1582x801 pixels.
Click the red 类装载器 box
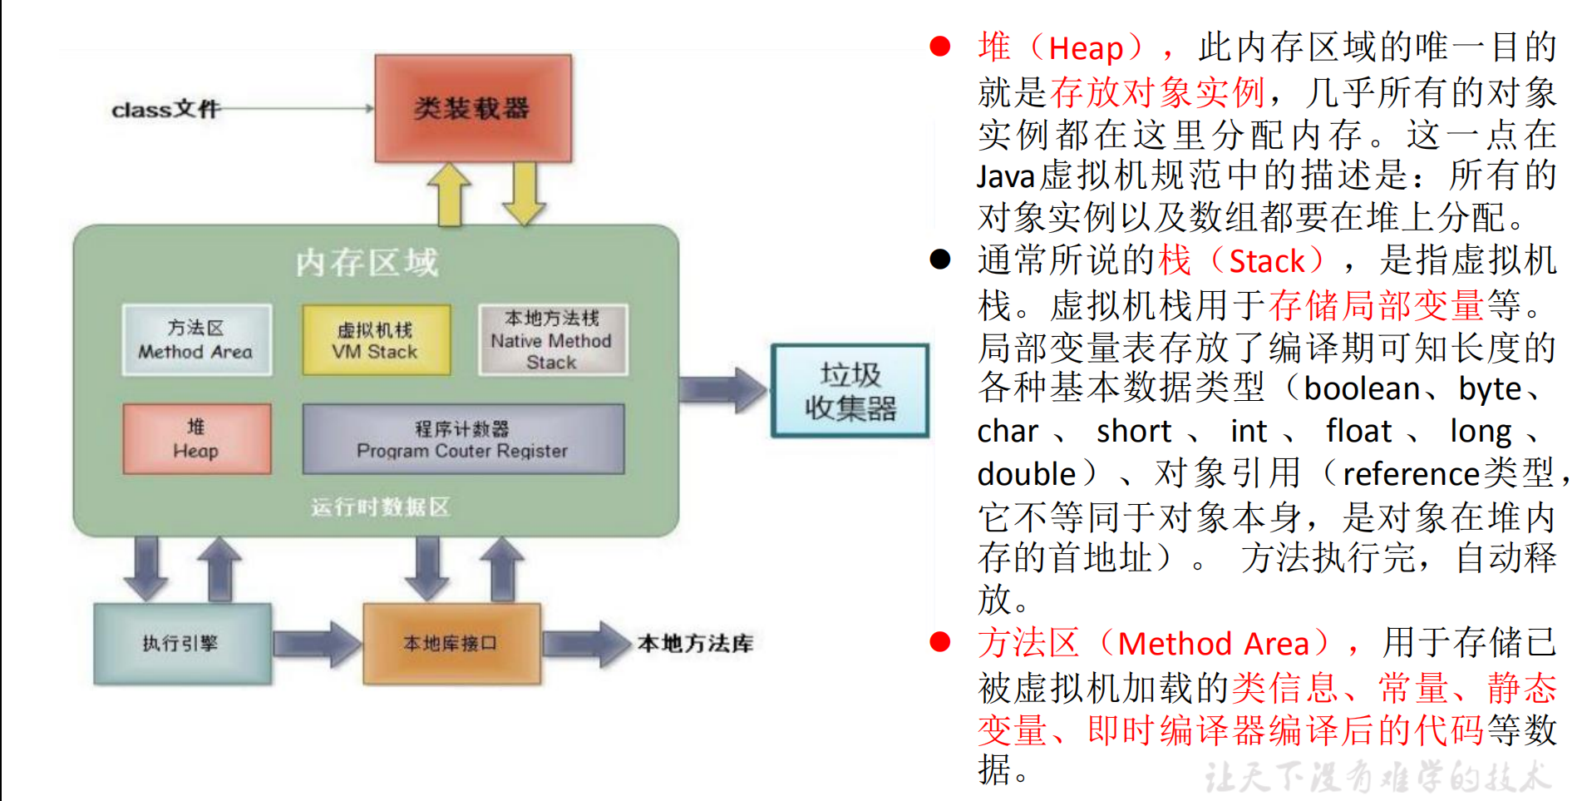pyautogui.click(x=472, y=108)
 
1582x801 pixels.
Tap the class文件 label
pyautogui.click(x=165, y=109)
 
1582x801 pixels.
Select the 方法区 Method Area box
pyautogui.click(x=196, y=339)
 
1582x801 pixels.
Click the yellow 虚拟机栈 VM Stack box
pyautogui.click(x=376, y=339)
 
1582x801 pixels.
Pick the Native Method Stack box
pyautogui.click(x=552, y=339)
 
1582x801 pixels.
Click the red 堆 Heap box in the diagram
pyautogui.click(x=196, y=438)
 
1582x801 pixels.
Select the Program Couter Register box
pyautogui.click(x=462, y=438)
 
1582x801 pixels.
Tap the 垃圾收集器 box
pyautogui.click(x=850, y=391)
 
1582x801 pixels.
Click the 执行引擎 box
pyautogui.click(x=181, y=643)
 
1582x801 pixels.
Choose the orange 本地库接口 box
pyautogui.click(x=451, y=643)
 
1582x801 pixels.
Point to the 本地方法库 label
pyautogui.click(x=695, y=643)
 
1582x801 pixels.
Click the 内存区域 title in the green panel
pyautogui.click(x=367, y=263)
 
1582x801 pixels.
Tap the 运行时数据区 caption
pyautogui.click(x=380, y=507)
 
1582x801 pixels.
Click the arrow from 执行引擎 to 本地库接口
pyautogui.click(x=317, y=643)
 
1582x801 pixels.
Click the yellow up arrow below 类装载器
pyautogui.click(x=449, y=194)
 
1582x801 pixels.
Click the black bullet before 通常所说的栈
pyautogui.click(x=939, y=260)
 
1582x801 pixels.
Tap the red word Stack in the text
pyautogui.click(x=1266, y=261)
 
